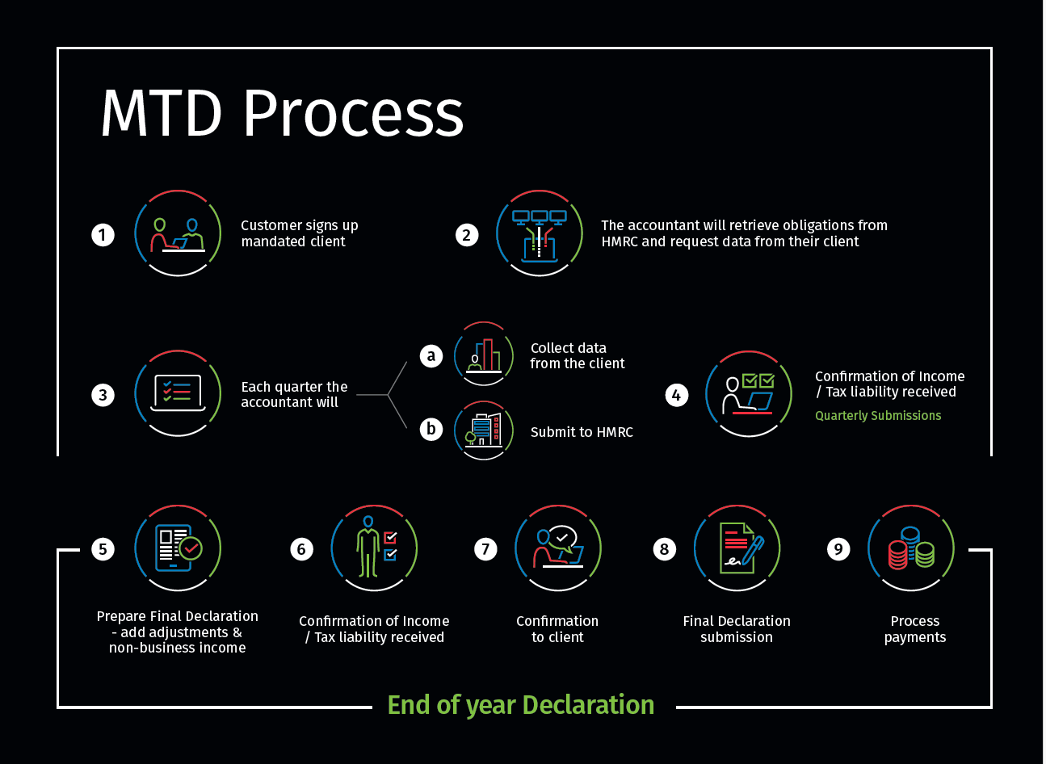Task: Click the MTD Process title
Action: (282, 113)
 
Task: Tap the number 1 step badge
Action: (103, 235)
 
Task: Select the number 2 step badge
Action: (467, 235)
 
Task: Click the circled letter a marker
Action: (431, 355)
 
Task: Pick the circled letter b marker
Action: (431, 429)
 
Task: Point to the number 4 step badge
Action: (676, 395)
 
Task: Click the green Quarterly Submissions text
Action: (878, 416)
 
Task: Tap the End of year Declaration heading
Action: (521, 705)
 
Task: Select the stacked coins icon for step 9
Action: (910, 548)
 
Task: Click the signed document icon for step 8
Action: (737, 548)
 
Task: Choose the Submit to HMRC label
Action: (582, 432)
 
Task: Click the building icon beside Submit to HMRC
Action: (484, 430)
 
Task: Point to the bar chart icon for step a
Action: (484, 355)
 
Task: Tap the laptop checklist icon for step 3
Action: (178, 393)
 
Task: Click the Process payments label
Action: (915, 629)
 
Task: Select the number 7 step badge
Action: (485, 549)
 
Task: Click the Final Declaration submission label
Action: (737, 629)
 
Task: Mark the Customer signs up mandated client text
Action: (299, 233)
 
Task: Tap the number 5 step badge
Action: (103, 549)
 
